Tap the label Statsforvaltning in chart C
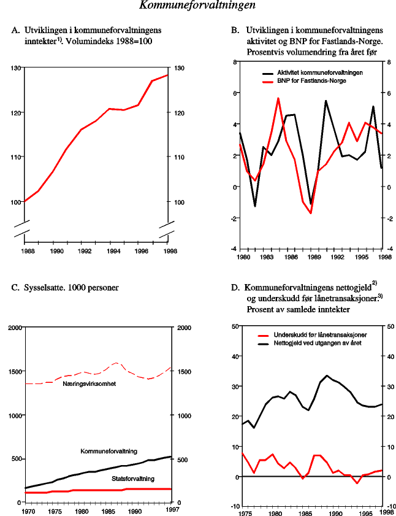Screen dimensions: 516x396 (132, 478)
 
